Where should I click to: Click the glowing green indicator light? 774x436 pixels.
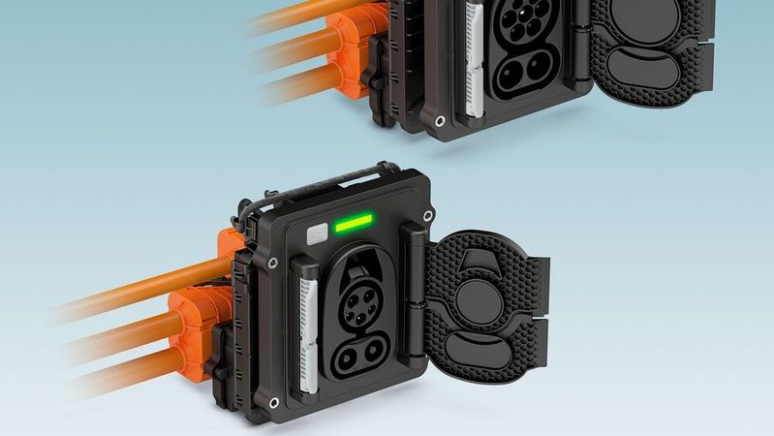pyautogui.click(x=354, y=226)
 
